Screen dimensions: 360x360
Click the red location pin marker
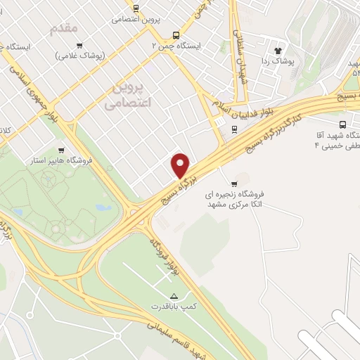pyautogui.click(x=181, y=165)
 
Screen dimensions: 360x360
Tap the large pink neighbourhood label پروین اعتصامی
pyautogui.click(x=127, y=94)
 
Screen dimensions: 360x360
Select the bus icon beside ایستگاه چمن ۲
pyautogui.click(x=175, y=34)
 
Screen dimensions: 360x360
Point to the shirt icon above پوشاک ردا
pyautogui.click(x=278, y=51)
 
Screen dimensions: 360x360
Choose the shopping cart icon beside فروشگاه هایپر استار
pyautogui.click(x=60, y=149)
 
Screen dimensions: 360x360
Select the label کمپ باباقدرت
pyautogui.click(x=172, y=307)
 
